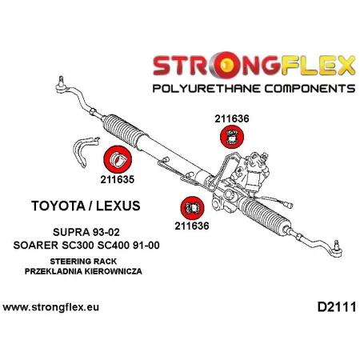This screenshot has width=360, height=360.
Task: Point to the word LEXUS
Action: [115, 206]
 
